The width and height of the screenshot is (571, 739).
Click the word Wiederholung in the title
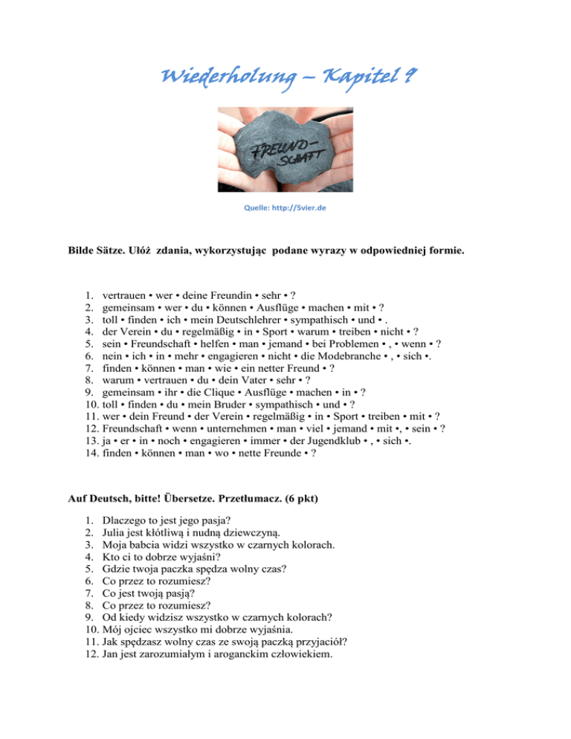[x=214, y=77]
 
